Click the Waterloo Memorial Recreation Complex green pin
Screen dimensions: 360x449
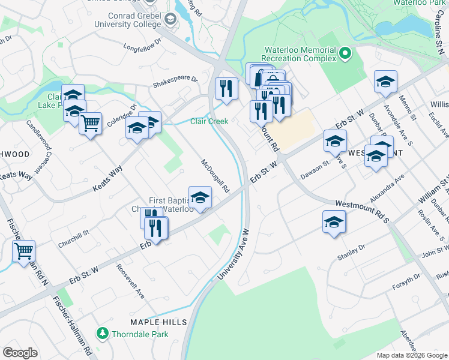click(x=345, y=54)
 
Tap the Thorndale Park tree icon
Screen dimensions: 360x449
click(x=103, y=333)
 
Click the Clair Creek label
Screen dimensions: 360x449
click(x=209, y=121)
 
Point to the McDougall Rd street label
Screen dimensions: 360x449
click(x=215, y=176)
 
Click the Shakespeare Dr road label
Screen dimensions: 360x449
click(x=175, y=79)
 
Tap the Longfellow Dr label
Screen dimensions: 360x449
click(x=143, y=45)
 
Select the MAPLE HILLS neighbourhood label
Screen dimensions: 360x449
click(x=158, y=322)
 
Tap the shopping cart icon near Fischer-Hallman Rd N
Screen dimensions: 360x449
click(x=23, y=250)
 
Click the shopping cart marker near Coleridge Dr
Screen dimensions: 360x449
click(x=90, y=123)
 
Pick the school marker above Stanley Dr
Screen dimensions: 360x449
click(x=334, y=221)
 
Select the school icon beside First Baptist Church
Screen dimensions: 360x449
click(x=200, y=196)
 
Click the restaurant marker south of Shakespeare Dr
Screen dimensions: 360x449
click(x=226, y=88)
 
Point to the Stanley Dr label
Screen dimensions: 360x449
click(x=351, y=252)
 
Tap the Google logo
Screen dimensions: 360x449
click(x=20, y=353)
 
